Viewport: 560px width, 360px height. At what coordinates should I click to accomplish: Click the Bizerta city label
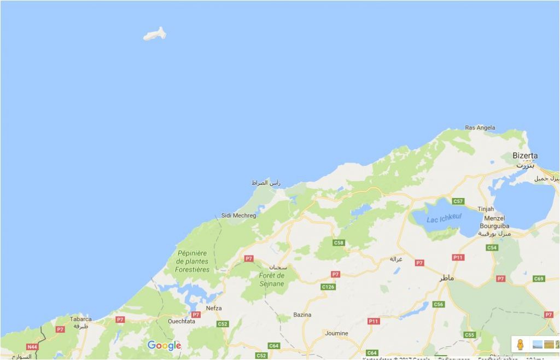click(x=525, y=155)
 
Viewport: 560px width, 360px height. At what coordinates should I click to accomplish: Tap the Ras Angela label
click(x=480, y=127)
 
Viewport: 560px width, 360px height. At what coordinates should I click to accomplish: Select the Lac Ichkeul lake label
click(x=444, y=218)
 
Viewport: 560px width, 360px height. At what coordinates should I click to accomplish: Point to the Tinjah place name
click(x=486, y=209)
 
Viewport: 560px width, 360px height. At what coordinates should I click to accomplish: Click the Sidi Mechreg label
click(x=238, y=216)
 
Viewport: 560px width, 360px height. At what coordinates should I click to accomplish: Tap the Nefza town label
click(x=214, y=308)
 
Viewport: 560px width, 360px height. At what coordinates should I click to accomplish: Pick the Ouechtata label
click(x=182, y=321)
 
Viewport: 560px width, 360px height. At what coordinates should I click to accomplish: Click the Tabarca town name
click(x=80, y=318)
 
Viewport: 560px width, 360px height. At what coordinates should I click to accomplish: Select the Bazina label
click(x=302, y=315)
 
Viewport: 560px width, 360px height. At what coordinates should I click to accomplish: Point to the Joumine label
click(x=336, y=333)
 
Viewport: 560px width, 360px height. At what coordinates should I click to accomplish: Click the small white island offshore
click(x=155, y=34)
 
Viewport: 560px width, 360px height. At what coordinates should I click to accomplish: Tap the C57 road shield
click(x=458, y=201)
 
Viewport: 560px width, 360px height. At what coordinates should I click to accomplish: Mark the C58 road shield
click(x=339, y=242)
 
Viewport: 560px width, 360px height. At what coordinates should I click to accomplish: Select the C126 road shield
click(x=328, y=287)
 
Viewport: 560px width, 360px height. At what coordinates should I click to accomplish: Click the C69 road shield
click(x=539, y=279)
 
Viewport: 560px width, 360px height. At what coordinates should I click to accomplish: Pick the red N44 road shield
click(x=33, y=347)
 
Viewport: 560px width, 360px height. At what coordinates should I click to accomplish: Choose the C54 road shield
click(x=492, y=248)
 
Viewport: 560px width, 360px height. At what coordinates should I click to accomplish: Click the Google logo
click(x=164, y=345)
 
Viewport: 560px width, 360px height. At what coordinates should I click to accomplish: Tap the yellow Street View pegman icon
click(x=520, y=344)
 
